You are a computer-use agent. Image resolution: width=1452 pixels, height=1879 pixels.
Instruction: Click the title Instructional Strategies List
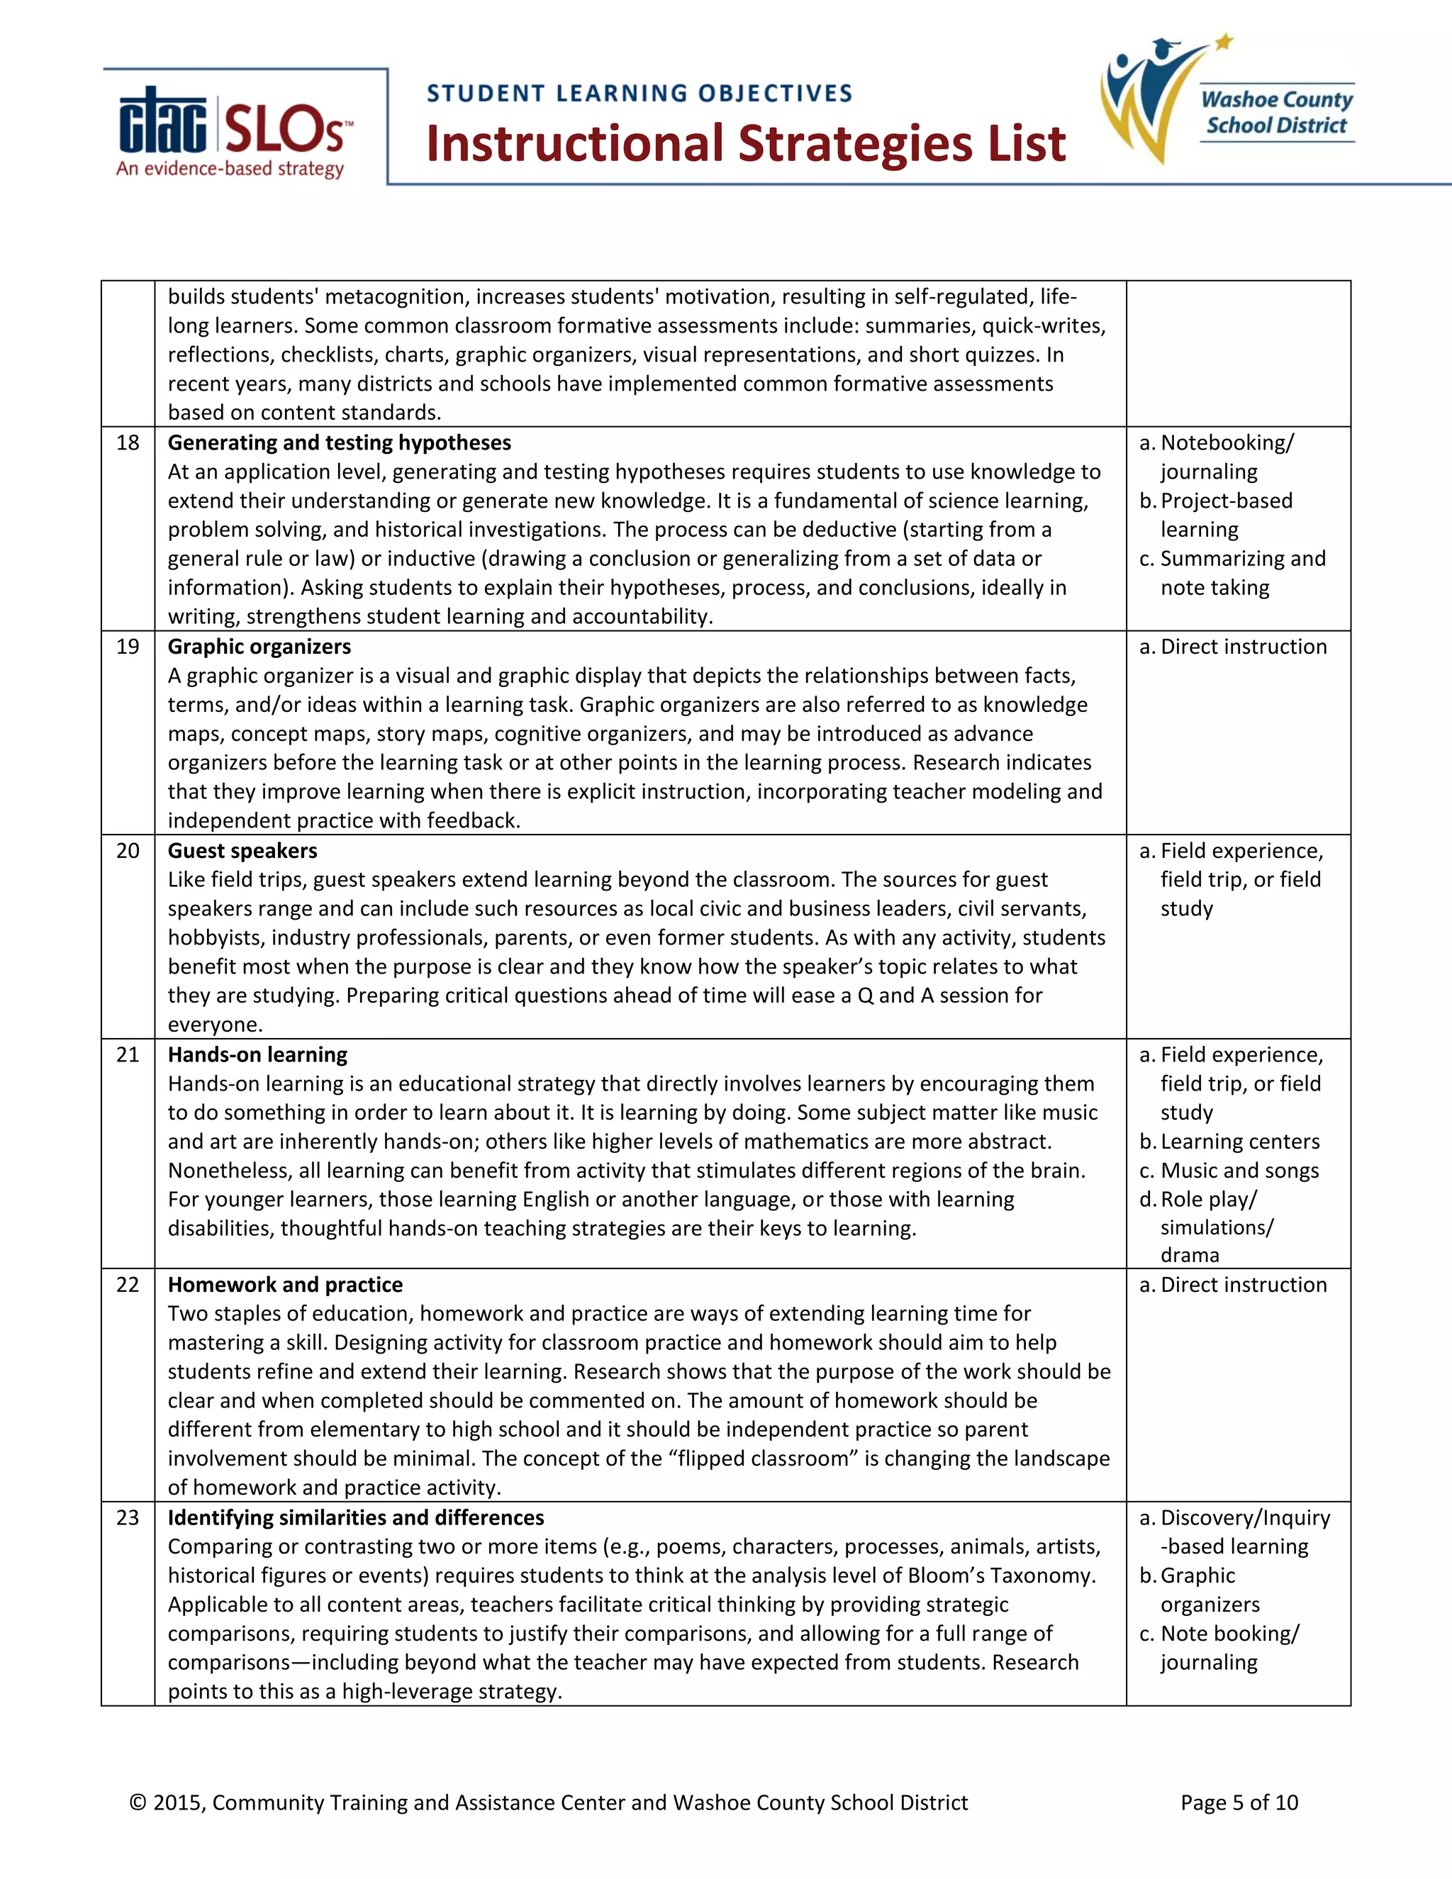click(745, 144)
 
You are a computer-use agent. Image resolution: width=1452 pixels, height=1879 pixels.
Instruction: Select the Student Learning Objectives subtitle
click(639, 93)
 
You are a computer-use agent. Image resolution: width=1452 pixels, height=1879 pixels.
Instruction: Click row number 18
click(128, 443)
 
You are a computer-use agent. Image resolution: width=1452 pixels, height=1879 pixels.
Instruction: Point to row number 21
click(128, 1055)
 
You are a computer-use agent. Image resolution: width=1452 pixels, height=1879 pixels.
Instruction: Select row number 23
click(128, 1517)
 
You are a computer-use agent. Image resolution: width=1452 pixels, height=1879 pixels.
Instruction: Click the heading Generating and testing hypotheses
click(339, 443)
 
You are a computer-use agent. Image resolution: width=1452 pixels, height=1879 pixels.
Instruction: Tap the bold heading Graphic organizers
click(259, 647)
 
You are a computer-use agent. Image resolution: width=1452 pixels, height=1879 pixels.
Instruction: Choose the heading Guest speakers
click(242, 851)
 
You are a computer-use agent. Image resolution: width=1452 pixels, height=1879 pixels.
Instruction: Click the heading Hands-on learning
click(257, 1055)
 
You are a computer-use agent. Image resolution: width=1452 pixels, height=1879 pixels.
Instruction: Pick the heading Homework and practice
click(285, 1285)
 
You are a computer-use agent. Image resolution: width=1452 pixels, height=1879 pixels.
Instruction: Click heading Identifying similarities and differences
click(355, 1517)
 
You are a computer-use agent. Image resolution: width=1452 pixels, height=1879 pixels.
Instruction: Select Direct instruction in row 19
click(1243, 647)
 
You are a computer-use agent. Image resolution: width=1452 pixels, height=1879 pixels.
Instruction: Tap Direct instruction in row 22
click(1243, 1285)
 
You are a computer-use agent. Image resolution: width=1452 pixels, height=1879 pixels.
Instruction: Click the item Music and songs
click(1239, 1171)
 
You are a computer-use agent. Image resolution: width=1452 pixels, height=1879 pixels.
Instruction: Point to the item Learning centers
click(1239, 1142)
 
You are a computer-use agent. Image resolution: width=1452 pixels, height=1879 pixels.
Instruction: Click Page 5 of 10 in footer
click(1239, 1802)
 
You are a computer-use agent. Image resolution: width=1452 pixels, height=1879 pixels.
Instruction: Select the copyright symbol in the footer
click(138, 1802)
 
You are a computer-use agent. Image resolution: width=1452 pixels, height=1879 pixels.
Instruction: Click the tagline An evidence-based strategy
click(230, 169)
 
